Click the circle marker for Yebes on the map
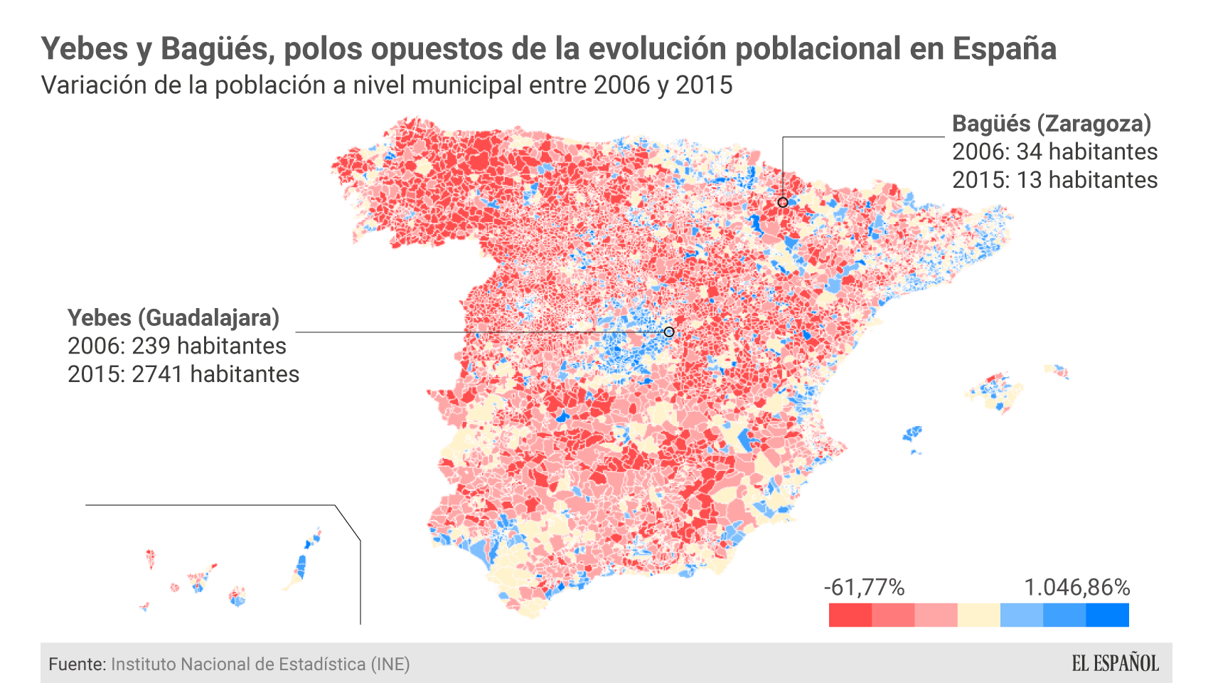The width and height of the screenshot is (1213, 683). (x=668, y=332)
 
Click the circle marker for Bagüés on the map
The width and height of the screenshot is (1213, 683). (x=782, y=203)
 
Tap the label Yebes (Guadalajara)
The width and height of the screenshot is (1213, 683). (x=173, y=318)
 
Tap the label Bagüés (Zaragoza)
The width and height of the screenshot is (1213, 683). (x=1051, y=124)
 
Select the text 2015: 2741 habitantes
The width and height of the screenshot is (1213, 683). (x=183, y=374)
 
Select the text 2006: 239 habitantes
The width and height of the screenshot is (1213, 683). (x=176, y=346)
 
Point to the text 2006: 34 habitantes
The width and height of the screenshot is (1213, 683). (x=1054, y=152)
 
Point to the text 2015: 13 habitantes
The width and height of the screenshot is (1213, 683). (x=1054, y=180)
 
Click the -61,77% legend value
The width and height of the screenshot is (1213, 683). (x=864, y=588)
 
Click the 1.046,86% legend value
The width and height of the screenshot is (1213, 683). (x=1076, y=588)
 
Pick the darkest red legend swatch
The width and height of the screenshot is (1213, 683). (x=850, y=615)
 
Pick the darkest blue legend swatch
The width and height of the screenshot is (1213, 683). (x=1107, y=615)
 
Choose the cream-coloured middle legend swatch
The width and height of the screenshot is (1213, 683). (x=978, y=615)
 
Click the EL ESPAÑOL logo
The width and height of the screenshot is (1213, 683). (x=1115, y=663)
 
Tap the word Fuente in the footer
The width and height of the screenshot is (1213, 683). (x=77, y=665)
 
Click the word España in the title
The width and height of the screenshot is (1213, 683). (x=1004, y=49)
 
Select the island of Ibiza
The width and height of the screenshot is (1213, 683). (x=912, y=433)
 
